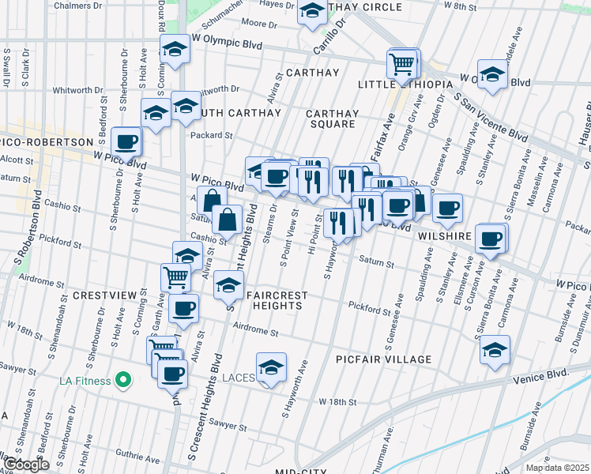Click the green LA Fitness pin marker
(x=122, y=381)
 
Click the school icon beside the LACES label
(x=271, y=369)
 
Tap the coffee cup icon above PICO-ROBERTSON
(x=126, y=142)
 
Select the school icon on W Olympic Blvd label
(x=174, y=50)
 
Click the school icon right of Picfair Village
(x=495, y=349)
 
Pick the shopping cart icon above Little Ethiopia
(x=402, y=62)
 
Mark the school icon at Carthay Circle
(x=312, y=12)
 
